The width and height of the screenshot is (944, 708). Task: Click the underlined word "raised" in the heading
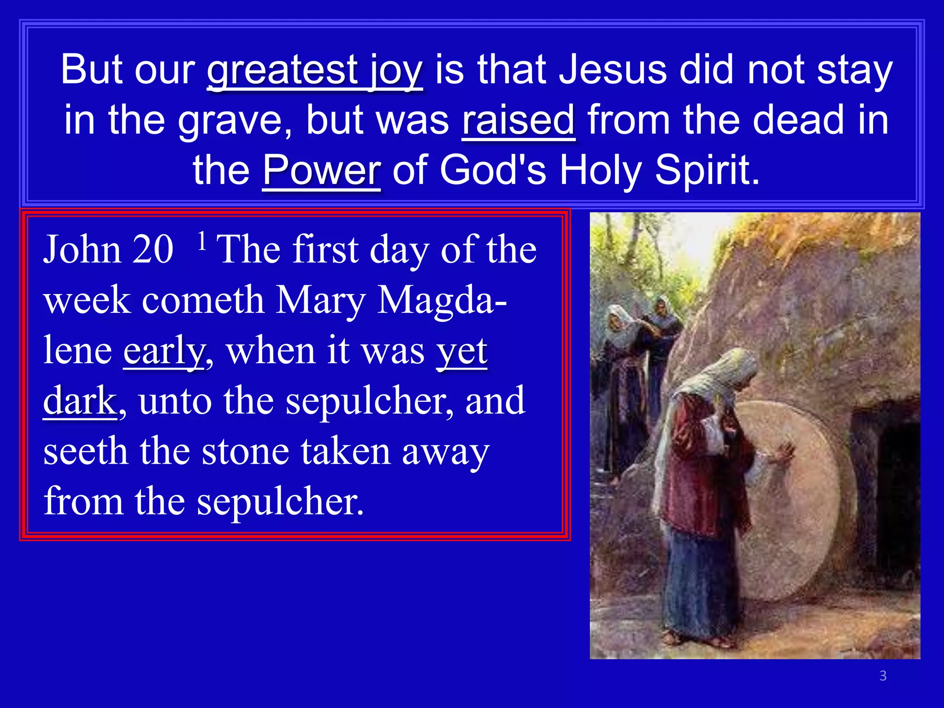[519, 120]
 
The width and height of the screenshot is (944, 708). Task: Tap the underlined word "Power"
[322, 171]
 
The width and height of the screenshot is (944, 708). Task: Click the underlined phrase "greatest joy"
[314, 70]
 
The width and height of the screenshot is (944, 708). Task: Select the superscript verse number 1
[201, 241]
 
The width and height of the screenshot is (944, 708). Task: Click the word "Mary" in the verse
[321, 301]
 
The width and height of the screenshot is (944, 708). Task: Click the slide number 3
[883, 676]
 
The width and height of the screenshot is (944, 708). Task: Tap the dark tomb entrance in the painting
[892, 484]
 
